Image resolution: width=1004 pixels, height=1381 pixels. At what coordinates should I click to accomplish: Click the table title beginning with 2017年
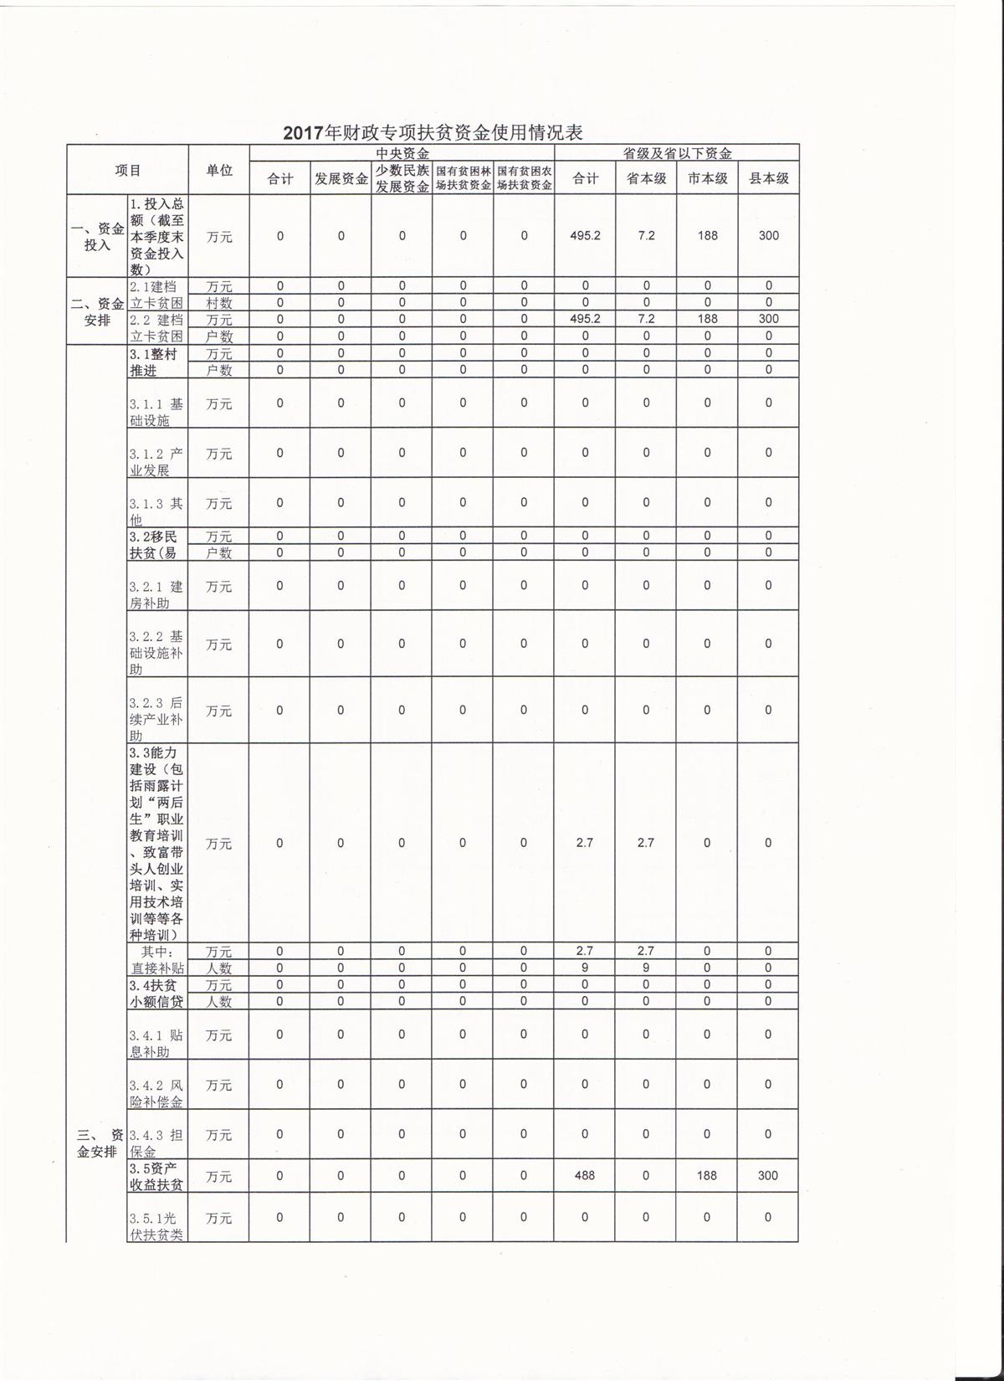tap(432, 132)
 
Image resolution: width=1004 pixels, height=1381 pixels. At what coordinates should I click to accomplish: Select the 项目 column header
tap(128, 170)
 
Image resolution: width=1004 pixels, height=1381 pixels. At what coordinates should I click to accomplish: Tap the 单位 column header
tap(219, 170)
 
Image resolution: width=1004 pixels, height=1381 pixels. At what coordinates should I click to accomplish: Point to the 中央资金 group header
tap(402, 153)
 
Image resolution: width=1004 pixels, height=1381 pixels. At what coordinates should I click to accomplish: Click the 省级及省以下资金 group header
tap(677, 153)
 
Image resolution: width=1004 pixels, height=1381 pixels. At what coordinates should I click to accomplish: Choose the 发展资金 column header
tap(341, 178)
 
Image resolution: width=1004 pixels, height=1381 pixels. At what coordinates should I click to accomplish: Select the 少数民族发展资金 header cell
tap(402, 178)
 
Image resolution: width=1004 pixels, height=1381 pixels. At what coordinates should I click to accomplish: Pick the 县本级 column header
tap(768, 178)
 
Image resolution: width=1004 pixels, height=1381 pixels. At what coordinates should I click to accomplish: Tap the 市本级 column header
tap(707, 178)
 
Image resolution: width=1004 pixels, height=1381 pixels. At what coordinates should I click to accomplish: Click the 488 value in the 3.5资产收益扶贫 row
tap(585, 1175)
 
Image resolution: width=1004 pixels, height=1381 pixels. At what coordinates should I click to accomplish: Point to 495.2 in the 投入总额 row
tap(585, 236)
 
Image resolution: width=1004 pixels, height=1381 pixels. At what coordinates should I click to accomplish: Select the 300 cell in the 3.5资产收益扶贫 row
tap(768, 1175)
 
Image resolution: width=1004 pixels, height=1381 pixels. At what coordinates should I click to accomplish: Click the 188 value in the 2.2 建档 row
tap(707, 319)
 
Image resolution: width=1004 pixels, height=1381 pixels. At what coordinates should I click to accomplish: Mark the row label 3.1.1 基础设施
tap(156, 412)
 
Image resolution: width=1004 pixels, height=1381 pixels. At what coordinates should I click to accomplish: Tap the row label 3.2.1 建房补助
tap(156, 594)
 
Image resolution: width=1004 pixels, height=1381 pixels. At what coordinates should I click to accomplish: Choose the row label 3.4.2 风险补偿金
tap(156, 1093)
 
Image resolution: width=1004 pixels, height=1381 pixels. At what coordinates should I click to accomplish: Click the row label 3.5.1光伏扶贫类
tap(156, 1225)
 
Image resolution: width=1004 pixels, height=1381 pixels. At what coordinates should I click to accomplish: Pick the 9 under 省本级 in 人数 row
tap(646, 968)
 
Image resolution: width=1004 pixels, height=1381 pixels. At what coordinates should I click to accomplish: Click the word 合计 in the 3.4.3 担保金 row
tap(585, 1134)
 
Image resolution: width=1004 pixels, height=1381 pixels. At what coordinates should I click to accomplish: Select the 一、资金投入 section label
tap(97, 237)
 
